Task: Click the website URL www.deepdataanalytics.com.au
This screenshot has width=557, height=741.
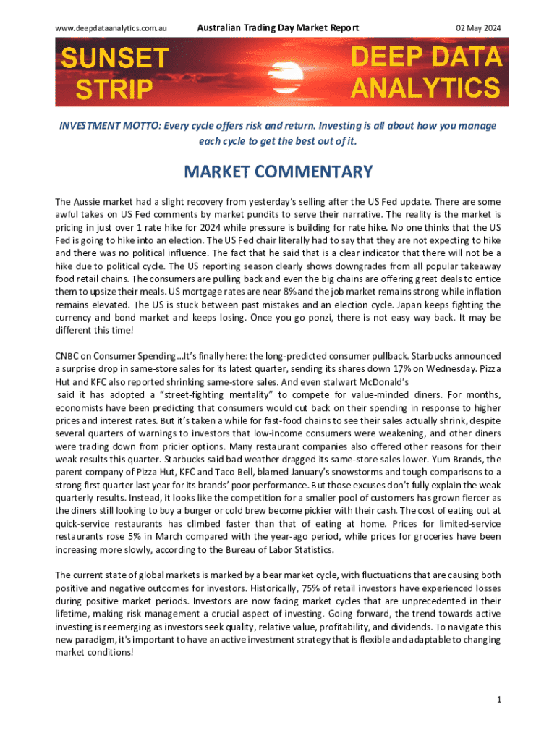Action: point(111,28)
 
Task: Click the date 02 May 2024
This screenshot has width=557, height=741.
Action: point(478,28)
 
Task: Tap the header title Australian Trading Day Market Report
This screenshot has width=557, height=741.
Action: point(278,28)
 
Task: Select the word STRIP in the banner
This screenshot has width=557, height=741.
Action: point(115,90)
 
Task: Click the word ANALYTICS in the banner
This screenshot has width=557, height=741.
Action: point(425,88)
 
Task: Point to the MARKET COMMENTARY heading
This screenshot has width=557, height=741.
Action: point(278,172)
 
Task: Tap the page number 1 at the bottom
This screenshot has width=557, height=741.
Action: point(498,699)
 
